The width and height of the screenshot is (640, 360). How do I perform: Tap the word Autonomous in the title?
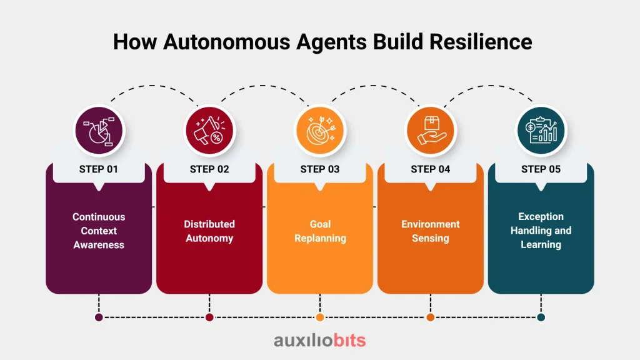[226, 42]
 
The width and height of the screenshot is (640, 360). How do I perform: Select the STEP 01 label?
[98, 169]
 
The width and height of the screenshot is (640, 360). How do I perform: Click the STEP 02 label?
[209, 169]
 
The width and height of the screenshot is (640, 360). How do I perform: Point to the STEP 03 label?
[320, 169]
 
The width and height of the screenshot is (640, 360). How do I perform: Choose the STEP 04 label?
[431, 169]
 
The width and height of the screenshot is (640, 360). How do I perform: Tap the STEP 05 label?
[541, 169]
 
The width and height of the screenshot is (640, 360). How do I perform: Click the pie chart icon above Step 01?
[99, 131]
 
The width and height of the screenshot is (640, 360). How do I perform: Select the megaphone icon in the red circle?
[209, 131]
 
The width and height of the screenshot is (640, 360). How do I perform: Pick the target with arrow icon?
[321, 131]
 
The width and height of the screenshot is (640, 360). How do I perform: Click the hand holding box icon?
[431, 131]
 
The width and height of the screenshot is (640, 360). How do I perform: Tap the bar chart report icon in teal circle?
[541, 131]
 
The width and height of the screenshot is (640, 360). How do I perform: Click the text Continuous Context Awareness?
[99, 231]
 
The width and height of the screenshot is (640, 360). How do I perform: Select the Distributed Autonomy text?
[209, 231]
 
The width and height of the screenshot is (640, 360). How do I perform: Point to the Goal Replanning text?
[321, 231]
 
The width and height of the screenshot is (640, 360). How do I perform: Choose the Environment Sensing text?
[431, 231]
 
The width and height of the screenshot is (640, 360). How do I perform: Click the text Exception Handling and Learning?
[541, 230]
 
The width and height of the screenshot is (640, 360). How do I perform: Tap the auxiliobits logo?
[320, 340]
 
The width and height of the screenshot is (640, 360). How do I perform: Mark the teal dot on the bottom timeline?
[541, 317]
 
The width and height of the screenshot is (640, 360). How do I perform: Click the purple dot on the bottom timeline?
[99, 317]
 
